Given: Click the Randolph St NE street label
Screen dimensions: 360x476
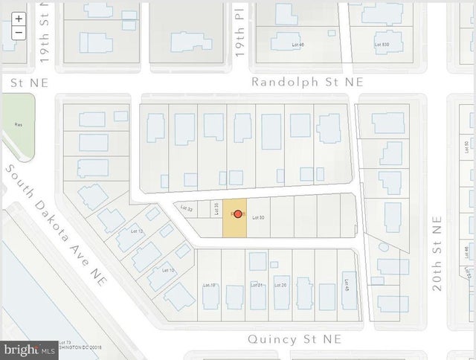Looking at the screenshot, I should [x=307, y=82].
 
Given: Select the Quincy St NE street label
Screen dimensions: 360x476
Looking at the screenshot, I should [x=295, y=339].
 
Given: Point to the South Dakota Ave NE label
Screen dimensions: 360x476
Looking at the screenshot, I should [x=57, y=222].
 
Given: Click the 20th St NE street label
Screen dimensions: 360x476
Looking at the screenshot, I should [x=437, y=254].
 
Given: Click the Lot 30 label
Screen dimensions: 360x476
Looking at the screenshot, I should [x=259, y=217].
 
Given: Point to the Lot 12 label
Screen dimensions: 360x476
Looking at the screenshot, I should [x=135, y=231].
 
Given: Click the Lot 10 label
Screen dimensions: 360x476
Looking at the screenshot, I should [x=167, y=270].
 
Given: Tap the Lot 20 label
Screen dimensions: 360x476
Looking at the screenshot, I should [x=280, y=285].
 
